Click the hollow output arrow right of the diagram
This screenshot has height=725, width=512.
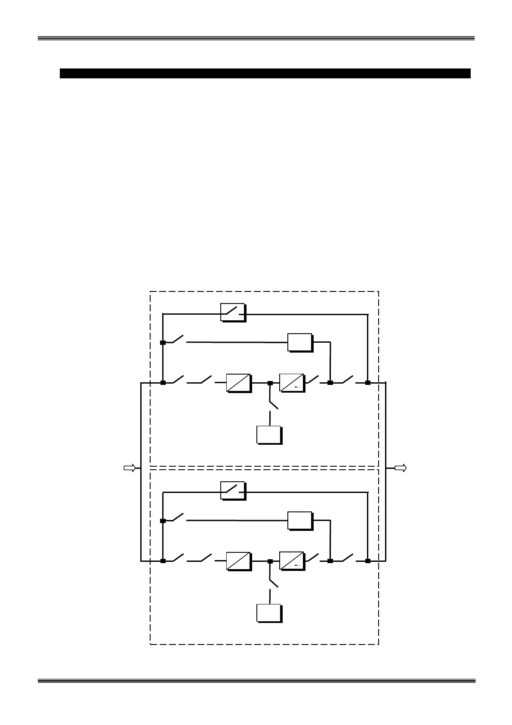click(x=400, y=468)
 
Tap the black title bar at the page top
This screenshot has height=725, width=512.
click(x=265, y=73)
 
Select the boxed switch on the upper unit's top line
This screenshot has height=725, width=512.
click(x=232, y=312)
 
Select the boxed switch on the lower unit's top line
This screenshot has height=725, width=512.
click(x=232, y=490)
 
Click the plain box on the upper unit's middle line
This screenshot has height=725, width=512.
click(x=300, y=342)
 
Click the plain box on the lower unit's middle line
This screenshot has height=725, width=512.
click(x=300, y=521)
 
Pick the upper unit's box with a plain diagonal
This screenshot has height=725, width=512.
click(x=239, y=383)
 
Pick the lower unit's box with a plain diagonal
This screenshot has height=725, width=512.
click(x=239, y=561)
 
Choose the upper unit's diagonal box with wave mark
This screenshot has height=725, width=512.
click(x=292, y=383)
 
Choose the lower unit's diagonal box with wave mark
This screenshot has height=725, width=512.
click(x=292, y=561)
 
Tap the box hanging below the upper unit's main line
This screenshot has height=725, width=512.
click(x=269, y=434)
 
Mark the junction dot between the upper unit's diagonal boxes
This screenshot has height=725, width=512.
click(x=270, y=383)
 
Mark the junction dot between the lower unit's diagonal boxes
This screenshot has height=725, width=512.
click(x=270, y=561)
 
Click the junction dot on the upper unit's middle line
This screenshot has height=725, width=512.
click(x=163, y=343)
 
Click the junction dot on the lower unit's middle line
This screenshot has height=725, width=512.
click(x=163, y=521)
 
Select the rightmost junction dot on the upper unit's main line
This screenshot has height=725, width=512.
click(x=368, y=383)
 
